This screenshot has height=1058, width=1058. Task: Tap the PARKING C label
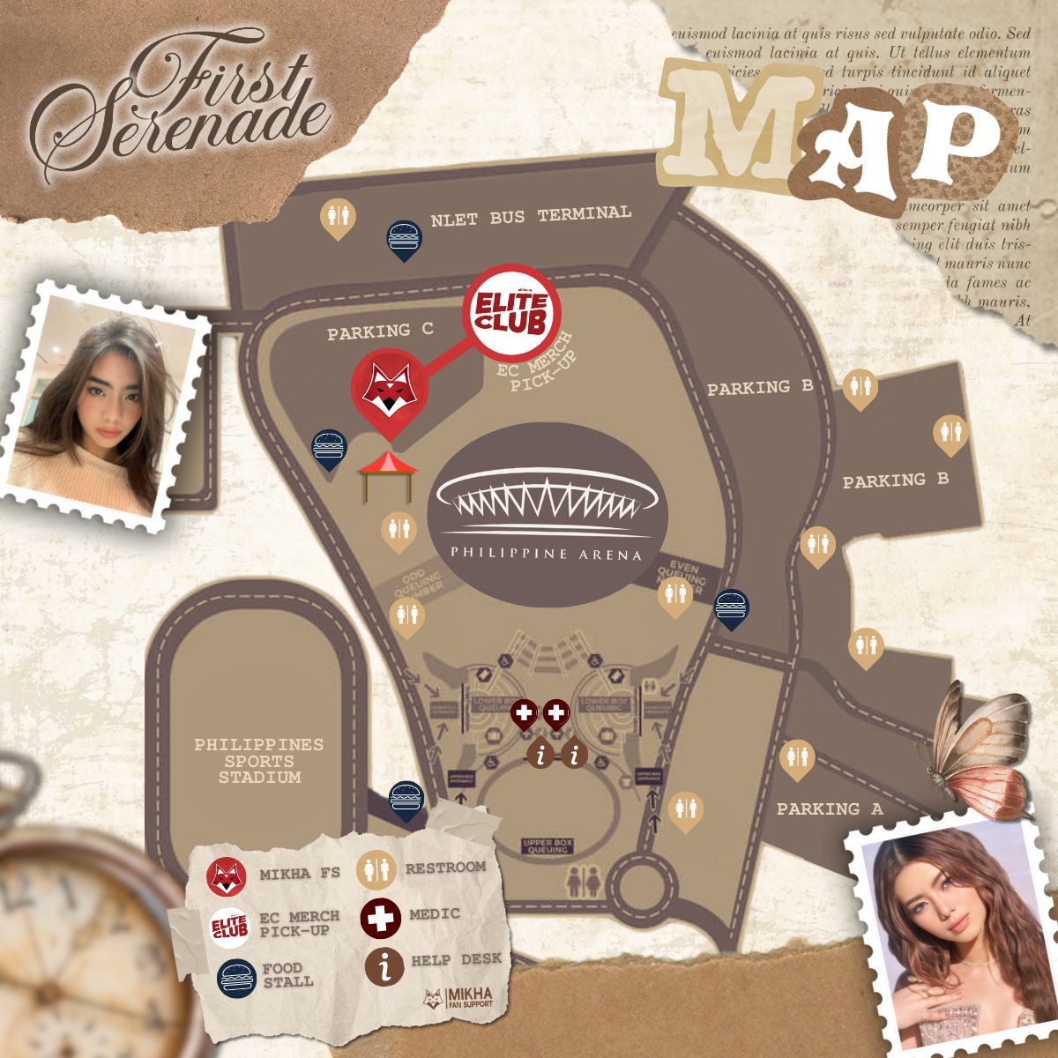coord(380,332)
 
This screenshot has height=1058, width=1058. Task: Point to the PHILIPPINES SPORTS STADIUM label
coord(259,761)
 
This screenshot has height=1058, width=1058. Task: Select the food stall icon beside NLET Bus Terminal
coord(404,238)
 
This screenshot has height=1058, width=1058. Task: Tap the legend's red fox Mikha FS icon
coord(226,876)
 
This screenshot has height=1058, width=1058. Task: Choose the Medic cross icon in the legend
coord(381,917)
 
